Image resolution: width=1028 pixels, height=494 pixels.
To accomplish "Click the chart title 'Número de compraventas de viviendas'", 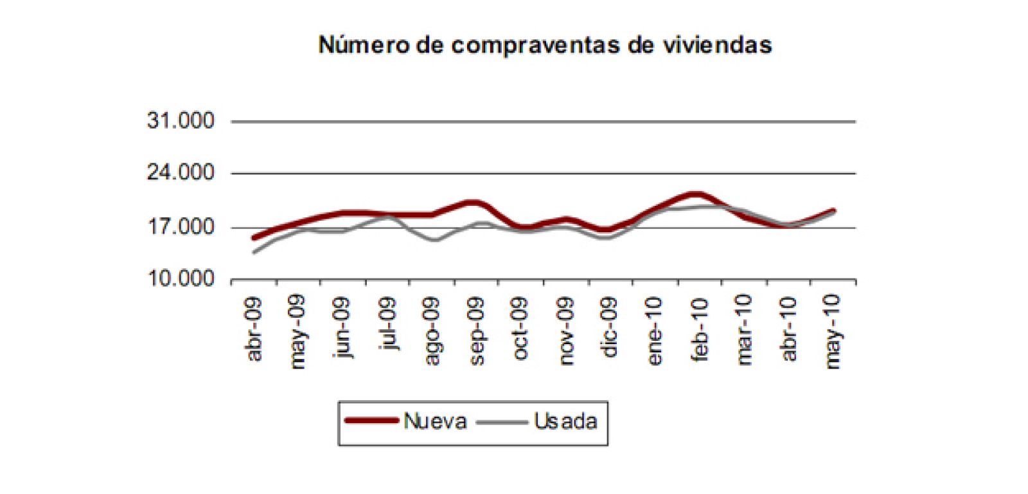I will tap(545, 45).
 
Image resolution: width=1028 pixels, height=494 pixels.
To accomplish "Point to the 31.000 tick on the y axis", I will tap(181, 121).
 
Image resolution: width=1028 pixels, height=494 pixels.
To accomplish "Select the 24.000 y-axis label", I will tap(181, 173).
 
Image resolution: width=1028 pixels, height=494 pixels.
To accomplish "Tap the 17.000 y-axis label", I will tap(181, 227).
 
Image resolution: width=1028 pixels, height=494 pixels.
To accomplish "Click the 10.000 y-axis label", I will tap(181, 279).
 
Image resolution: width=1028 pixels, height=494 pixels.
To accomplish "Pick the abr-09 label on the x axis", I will tap(254, 329).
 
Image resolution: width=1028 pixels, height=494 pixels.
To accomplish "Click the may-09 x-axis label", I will tap(297, 333).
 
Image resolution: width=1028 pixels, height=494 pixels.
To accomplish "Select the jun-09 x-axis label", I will tap(343, 328).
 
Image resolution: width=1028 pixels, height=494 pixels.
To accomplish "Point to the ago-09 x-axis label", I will tap(432, 331).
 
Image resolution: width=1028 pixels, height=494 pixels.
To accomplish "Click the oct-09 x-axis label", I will tap(520, 328).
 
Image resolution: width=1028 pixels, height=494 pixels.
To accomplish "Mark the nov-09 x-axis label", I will tap(565, 331).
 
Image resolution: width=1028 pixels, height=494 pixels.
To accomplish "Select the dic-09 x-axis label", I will tap(610, 326).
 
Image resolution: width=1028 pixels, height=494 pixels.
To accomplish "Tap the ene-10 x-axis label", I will tap(654, 331).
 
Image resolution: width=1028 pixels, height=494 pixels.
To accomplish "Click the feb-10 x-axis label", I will tap(699, 329).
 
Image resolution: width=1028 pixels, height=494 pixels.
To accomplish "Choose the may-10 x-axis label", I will tap(833, 333).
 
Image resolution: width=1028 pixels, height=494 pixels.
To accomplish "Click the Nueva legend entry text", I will tap(435, 421).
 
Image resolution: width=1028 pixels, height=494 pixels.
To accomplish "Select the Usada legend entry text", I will tap(565, 421).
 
